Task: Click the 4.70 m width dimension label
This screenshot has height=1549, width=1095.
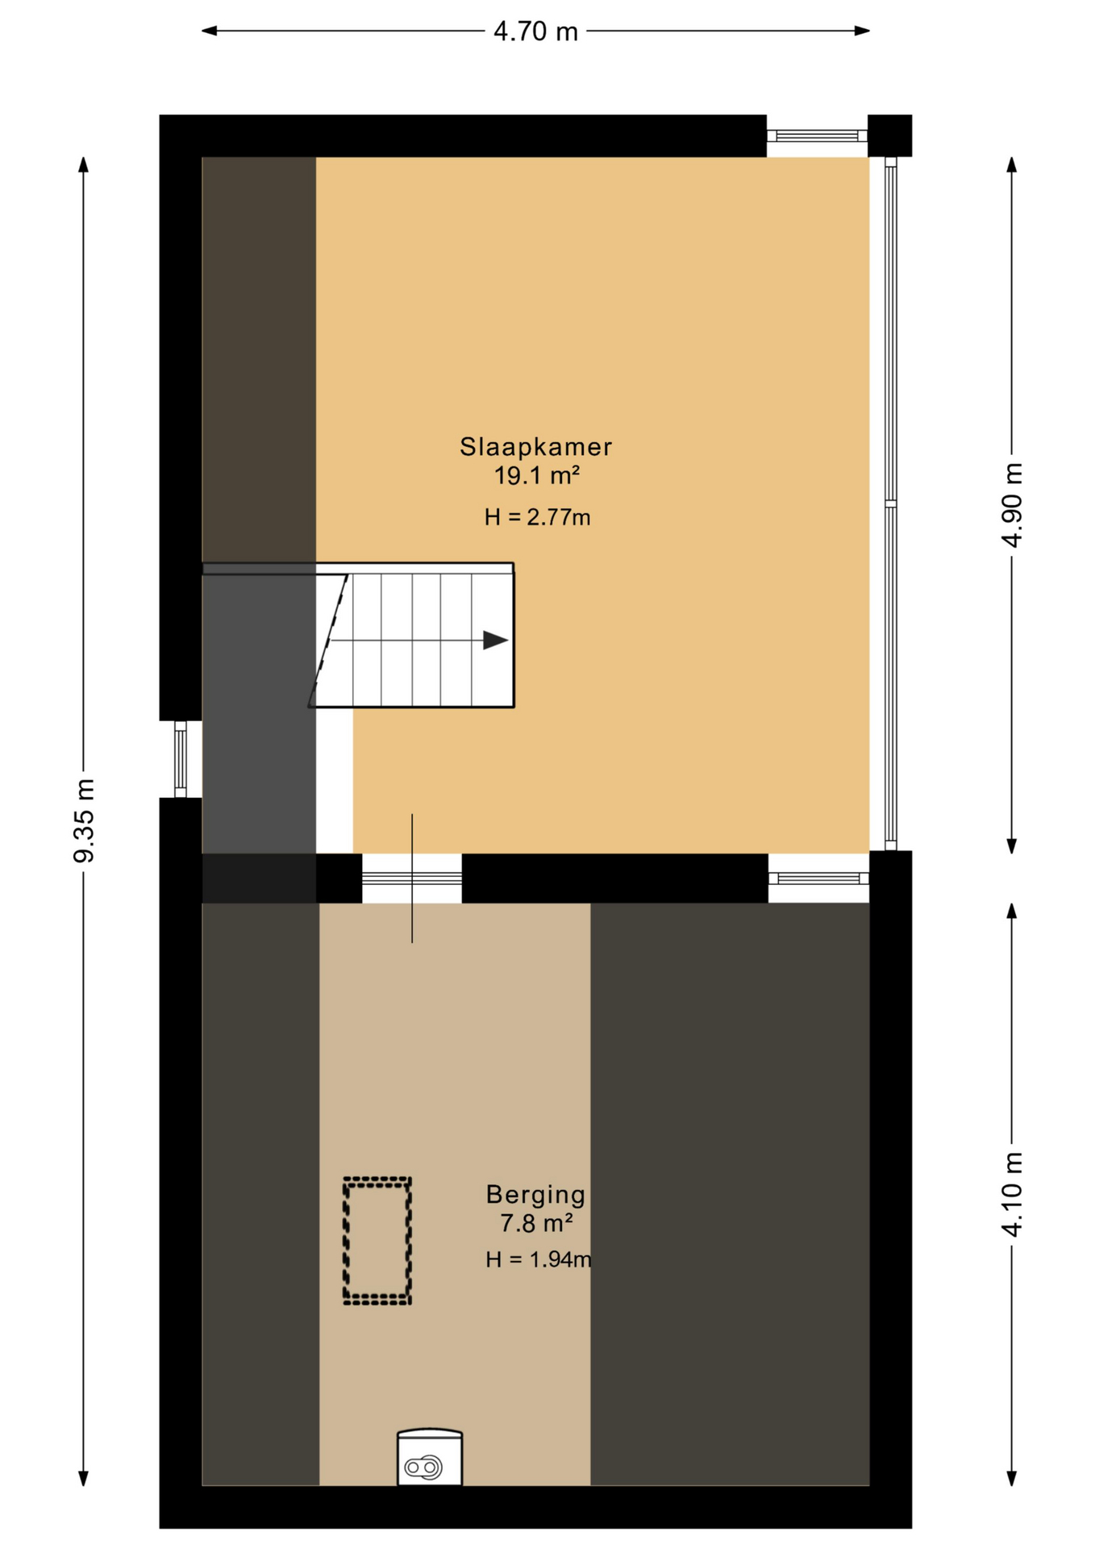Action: click(535, 31)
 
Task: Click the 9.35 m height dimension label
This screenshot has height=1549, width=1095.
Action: click(84, 820)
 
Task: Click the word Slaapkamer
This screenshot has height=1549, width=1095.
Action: click(535, 446)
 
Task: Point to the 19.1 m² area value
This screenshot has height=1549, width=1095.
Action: click(536, 476)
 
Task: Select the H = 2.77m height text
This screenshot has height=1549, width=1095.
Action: click(537, 517)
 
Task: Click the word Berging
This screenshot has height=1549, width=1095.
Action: click(535, 1194)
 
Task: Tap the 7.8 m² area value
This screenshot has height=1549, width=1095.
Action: click(536, 1224)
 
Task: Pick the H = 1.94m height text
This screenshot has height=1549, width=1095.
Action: click(538, 1259)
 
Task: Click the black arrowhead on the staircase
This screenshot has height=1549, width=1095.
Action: click(495, 641)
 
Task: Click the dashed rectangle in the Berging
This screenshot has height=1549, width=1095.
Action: click(377, 1241)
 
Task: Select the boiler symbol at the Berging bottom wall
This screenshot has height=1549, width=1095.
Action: click(430, 1458)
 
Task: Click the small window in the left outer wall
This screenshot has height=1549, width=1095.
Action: click(181, 759)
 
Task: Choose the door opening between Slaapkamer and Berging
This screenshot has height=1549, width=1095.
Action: click(411, 878)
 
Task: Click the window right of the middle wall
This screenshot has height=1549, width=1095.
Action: click(818, 878)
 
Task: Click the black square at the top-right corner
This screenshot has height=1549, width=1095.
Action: click(889, 136)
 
